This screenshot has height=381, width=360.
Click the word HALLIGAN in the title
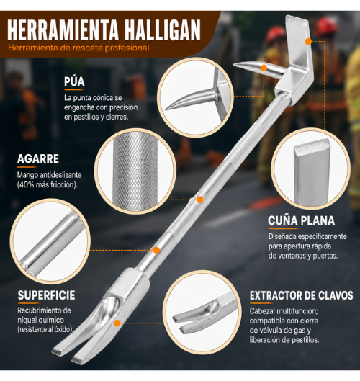coord(163,30)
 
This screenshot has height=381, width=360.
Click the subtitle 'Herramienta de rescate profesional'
coord(78,48)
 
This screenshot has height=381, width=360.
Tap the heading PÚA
coord(74,81)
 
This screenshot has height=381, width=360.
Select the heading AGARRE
coord(38,159)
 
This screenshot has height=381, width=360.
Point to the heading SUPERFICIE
coord(46,295)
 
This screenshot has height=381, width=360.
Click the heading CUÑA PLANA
coord(302,220)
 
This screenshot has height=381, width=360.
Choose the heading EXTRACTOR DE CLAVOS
coord(302,296)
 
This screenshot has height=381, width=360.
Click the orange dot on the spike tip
coord(264,68)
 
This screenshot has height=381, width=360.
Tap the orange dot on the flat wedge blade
coord(308,42)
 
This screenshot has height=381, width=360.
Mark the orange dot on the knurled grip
coord(200,200)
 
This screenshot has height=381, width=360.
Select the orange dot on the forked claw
coord(117,323)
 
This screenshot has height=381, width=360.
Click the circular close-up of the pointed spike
coord(196,98)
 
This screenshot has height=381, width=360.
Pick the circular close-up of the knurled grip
coord(135,171)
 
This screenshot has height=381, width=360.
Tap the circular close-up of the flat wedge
coord(311,169)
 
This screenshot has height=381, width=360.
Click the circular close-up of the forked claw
coord(202,312)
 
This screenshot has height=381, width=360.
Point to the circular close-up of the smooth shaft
coord(50,241)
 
